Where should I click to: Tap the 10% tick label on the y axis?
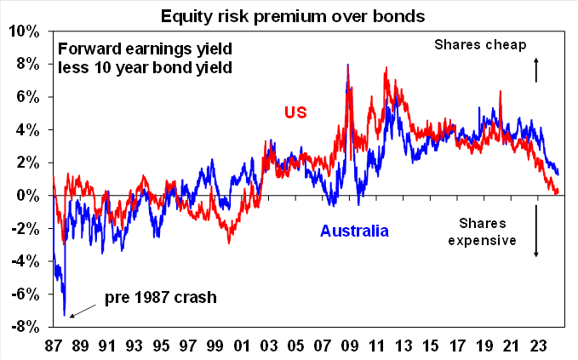tap(24, 31)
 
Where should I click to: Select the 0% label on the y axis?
tap(27, 196)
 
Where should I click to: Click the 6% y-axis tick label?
tap(27, 97)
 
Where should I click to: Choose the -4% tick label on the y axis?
tap(24, 260)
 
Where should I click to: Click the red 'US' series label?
tap(295, 112)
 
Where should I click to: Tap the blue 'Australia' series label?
tap(354, 231)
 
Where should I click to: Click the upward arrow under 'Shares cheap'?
tap(536, 69)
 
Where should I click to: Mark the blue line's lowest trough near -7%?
tap(65, 315)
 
